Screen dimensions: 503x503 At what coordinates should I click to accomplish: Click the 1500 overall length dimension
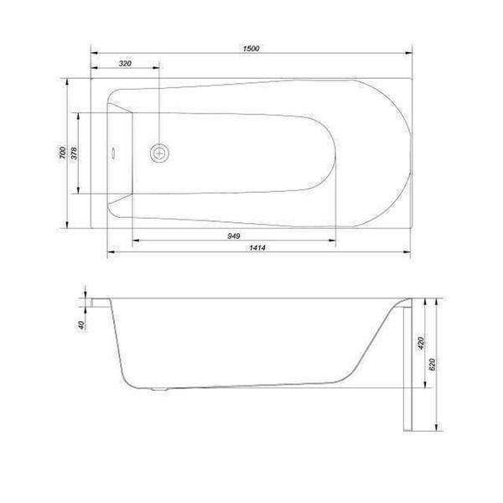point(251,49)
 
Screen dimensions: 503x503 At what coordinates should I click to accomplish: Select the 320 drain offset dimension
point(125,64)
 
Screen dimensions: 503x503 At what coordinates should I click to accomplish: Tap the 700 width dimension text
point(63,152)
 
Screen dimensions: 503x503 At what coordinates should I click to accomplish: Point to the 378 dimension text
point(74,153)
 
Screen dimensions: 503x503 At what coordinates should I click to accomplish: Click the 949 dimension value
point(234,236)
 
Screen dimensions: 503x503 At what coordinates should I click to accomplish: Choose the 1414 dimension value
point(257,247)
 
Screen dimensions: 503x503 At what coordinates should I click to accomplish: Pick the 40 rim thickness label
point(81,325)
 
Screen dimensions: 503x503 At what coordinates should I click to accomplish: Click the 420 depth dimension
point(421,343)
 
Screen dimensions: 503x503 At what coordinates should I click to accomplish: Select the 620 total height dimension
point(432,365)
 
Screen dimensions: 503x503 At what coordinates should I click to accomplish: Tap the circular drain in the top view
point(159,153)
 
